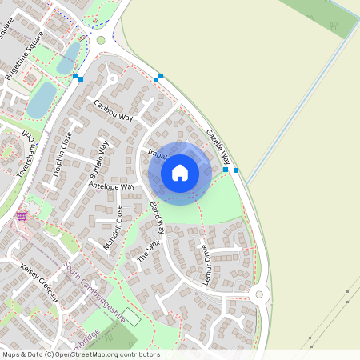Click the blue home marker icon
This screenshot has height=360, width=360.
(x=180, y=173)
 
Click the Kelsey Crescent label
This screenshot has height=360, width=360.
(x=41, y=281)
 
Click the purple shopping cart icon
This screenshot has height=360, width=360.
(x=22, y=216)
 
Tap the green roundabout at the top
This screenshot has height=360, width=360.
(x=100, y=40)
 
